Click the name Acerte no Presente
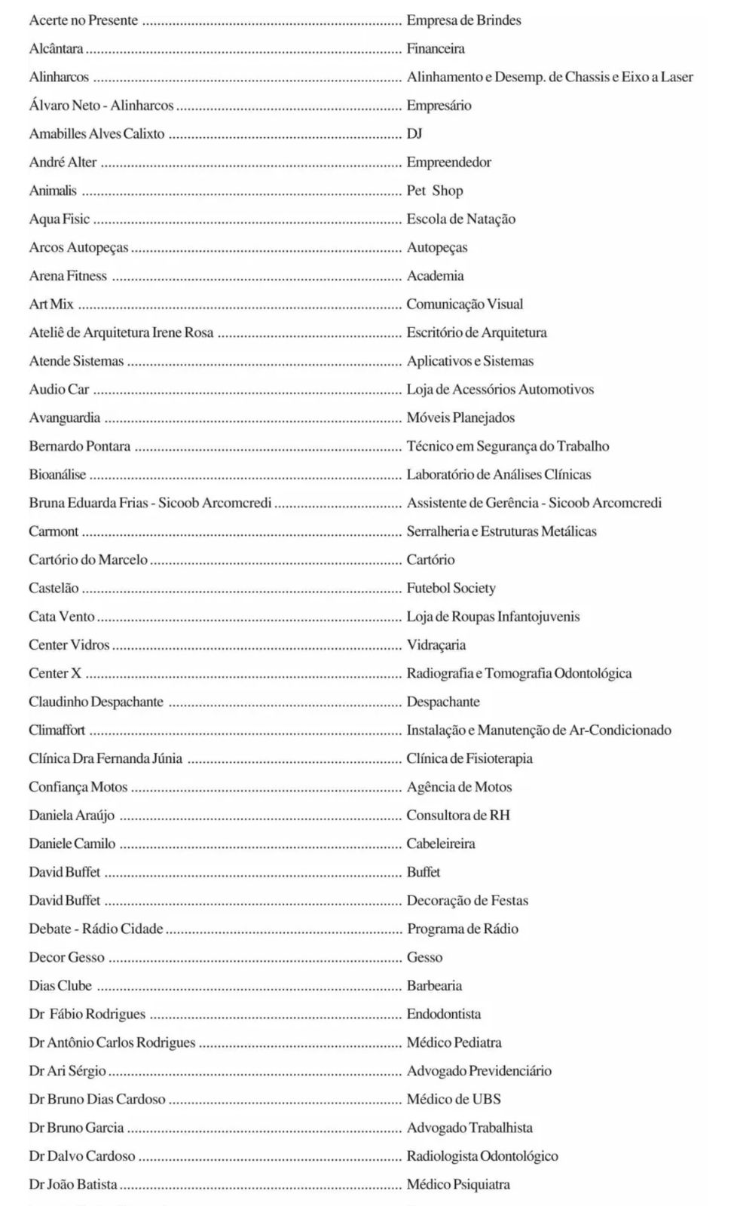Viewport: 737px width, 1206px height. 83,20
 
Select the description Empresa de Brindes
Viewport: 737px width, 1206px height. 463,20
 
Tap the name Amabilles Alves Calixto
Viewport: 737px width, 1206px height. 96,134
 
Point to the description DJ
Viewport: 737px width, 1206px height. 414,134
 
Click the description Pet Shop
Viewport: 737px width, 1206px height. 435,191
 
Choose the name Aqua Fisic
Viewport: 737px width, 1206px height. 59,219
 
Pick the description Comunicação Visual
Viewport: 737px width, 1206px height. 464,305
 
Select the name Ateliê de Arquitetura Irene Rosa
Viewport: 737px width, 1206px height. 121,333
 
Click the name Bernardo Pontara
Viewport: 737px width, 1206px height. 79,446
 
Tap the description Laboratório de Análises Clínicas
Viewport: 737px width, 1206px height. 498,475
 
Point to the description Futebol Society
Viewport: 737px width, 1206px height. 451,589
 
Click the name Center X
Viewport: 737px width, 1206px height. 54,674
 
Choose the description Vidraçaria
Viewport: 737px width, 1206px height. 436,645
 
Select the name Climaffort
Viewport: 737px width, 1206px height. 57,730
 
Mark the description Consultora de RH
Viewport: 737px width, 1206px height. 457,816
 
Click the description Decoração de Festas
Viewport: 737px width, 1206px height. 467,901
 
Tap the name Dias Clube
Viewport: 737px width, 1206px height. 60,986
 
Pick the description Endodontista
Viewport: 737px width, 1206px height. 443,1015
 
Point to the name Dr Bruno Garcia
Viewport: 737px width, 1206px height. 76,1128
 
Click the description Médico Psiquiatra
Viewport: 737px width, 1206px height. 458,1185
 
